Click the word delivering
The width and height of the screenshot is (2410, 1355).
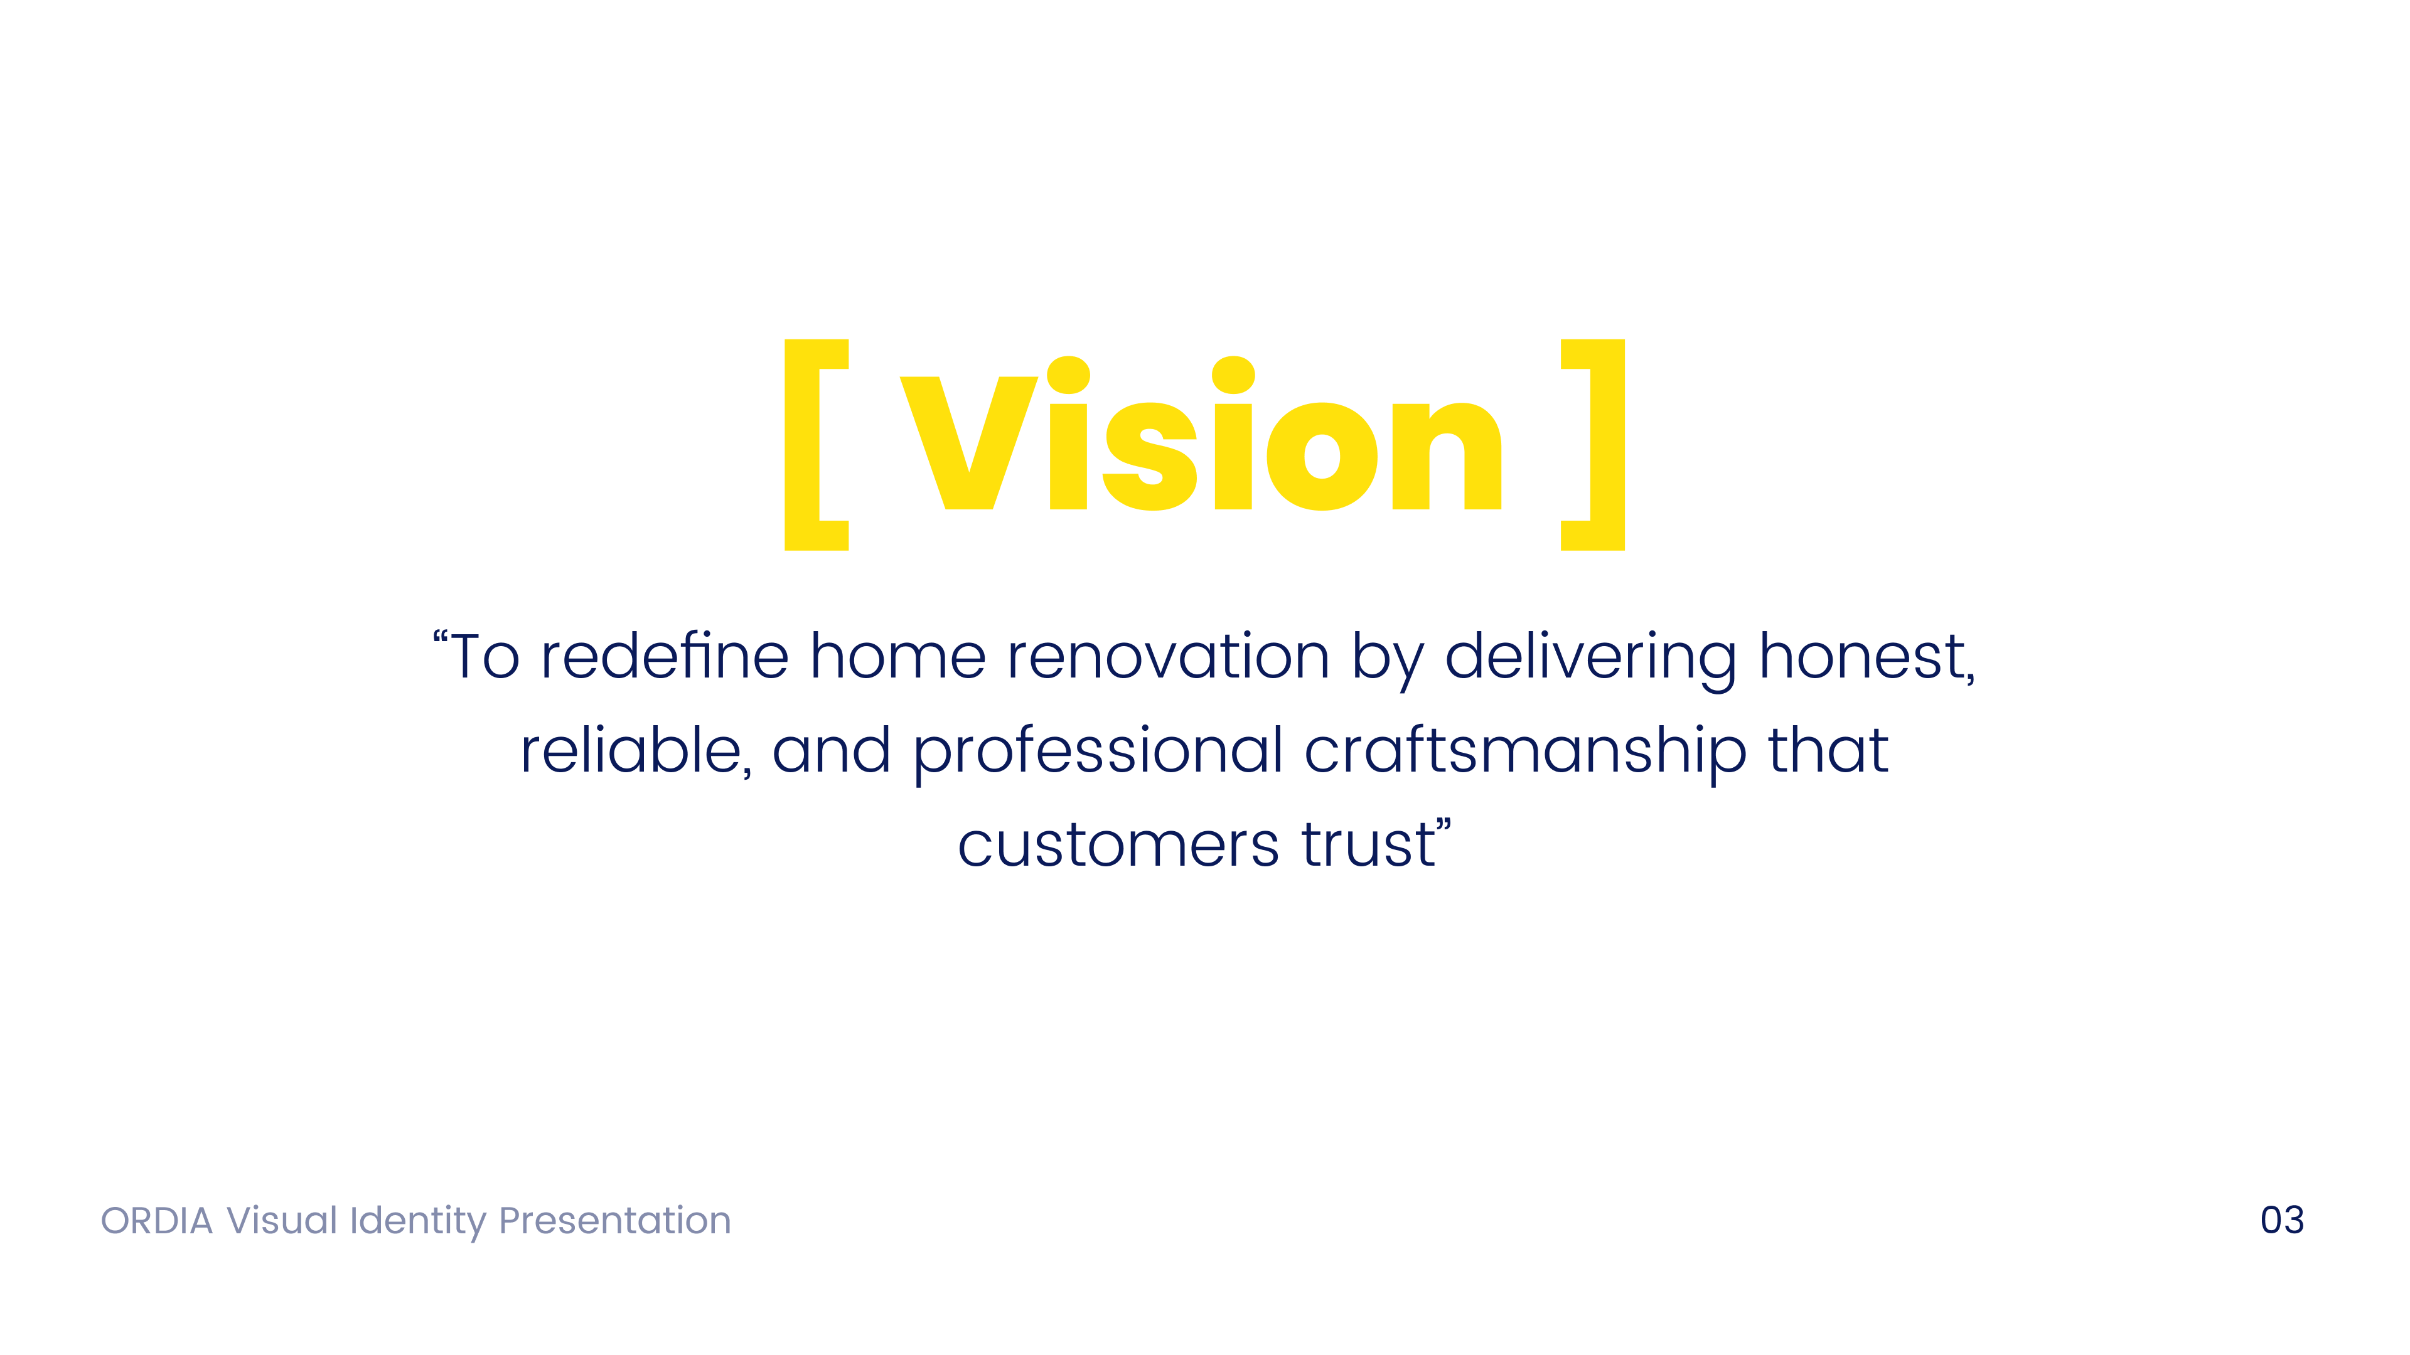tap(1590, 658)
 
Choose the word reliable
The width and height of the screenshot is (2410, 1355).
tap(631, 751)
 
